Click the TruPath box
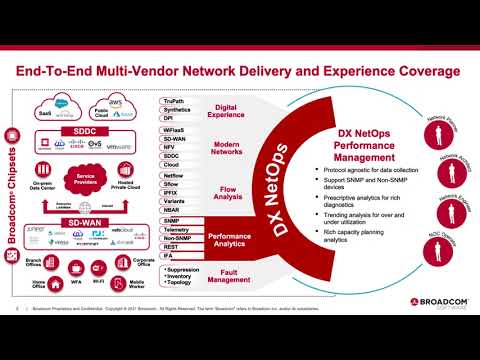(175, 102)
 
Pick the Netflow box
(175, 175)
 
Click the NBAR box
(175, 211)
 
